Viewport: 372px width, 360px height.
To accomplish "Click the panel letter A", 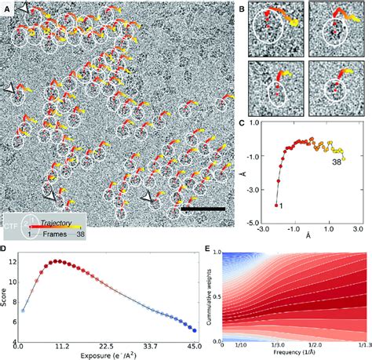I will (x=7, y=9).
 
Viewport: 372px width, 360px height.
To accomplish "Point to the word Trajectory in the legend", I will (x=57, y=222).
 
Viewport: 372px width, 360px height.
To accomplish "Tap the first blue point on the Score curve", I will (x=23, y=311).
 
